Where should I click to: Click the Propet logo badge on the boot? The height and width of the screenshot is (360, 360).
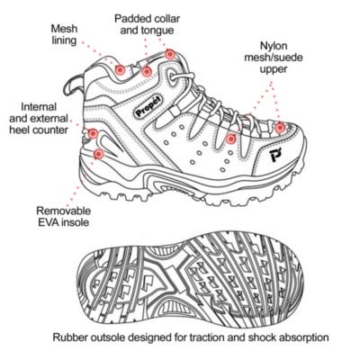point(148,106)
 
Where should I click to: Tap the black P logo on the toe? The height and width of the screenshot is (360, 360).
point(274,155)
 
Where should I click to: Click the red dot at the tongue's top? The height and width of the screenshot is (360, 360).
point(170,54)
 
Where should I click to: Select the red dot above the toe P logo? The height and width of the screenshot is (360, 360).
point(280,128)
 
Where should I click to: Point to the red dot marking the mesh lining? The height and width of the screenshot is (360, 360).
point(120,70)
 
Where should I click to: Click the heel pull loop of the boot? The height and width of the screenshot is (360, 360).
point(73,85)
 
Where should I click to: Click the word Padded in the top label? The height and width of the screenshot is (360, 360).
point(132,19)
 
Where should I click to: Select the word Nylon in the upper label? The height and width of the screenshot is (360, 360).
point(274,46)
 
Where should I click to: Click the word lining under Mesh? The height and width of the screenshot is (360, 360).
point(64,40)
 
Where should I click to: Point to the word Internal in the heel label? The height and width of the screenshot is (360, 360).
point(39,106)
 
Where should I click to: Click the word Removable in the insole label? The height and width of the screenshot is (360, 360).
point(63,211)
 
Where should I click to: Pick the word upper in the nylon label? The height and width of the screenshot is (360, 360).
point(274,69)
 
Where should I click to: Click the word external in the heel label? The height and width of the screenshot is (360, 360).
point(50,118)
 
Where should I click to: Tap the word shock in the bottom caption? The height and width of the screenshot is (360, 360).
point(261,337)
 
